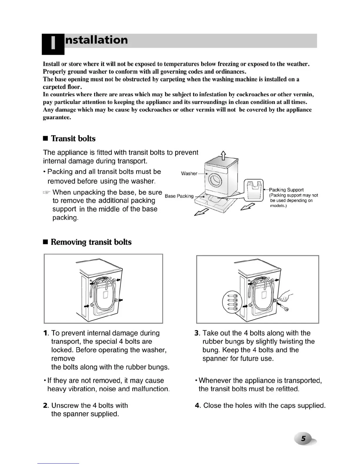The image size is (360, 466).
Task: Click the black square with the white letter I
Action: [53, 44]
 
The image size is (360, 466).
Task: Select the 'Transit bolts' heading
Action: [73, 139]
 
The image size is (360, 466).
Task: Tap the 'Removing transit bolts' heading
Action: [91, 242]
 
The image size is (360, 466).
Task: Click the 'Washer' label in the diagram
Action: [189, 174]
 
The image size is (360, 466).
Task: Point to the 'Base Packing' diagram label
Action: [179, 196]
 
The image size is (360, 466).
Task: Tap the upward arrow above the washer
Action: [223, 155]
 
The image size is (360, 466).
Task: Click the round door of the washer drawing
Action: [214, 178]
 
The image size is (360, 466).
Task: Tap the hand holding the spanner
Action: [284, 297]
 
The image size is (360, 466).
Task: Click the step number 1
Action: [45, 333]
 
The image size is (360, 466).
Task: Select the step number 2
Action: [45, 406]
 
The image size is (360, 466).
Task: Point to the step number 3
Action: [197, 333]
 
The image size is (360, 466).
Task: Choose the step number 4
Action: [197, 406]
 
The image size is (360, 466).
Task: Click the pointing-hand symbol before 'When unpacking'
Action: [46, 193]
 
